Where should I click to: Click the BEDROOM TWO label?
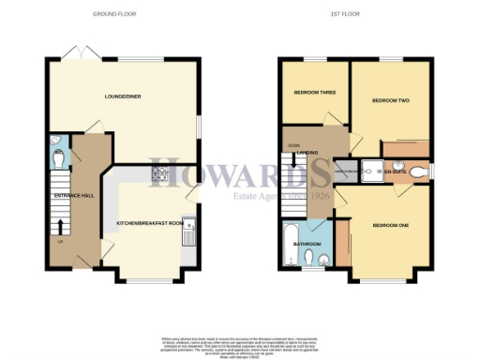(390, 100)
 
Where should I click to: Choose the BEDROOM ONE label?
(390, 225)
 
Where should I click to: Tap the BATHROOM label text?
(308, 244)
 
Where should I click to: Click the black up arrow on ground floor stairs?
(61, 226)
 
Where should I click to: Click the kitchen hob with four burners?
(158, 172)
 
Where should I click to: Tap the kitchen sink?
(188, 229)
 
